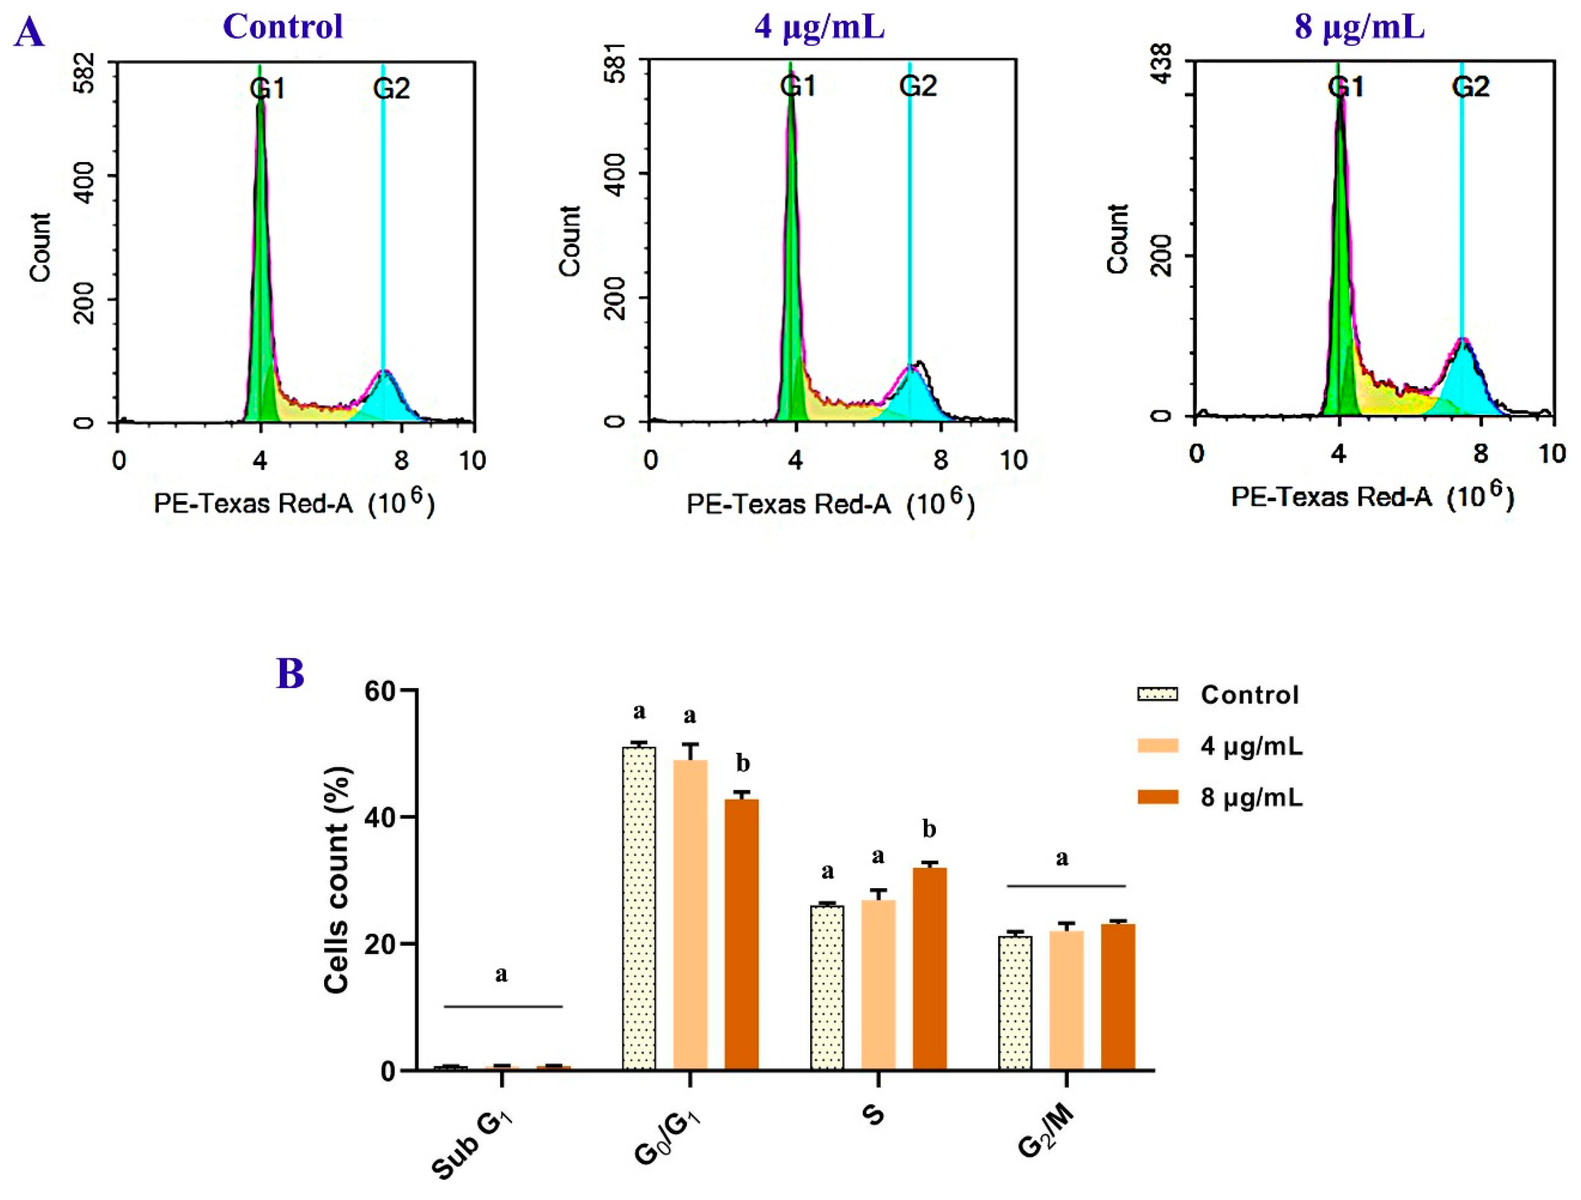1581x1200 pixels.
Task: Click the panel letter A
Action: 29,32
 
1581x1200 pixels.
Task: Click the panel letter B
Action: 290,673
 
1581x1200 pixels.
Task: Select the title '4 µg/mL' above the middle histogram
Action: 819,27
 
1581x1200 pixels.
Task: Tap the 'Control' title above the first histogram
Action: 283,27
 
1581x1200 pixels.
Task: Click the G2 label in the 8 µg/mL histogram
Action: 1470,87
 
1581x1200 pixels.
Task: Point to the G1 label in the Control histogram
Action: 267,89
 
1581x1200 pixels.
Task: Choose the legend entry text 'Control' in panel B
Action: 1249,695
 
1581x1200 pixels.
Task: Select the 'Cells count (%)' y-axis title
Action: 337,879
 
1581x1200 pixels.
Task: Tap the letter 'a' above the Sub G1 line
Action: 502,974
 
